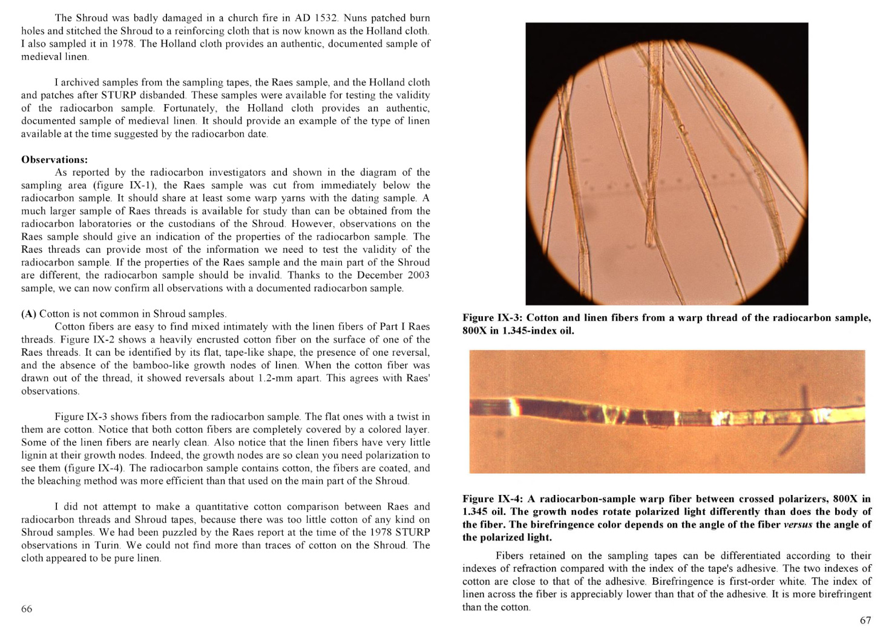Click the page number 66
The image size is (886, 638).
click(27, 609)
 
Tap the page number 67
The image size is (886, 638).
click(865, 620)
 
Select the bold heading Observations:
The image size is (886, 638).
click(54, 160)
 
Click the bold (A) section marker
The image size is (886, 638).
click(28, 314)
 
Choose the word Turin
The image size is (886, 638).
click(111, 545)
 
